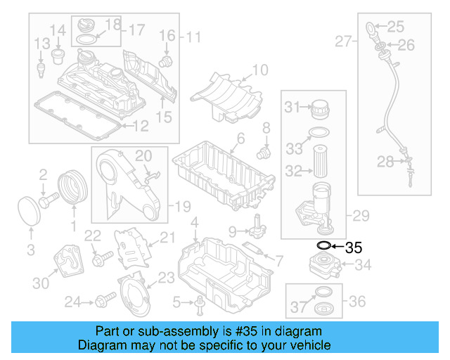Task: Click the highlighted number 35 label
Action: (x=354, y=247)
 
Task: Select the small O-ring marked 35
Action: (x=323, y=246)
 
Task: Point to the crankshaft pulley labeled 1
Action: (x=70, y=188)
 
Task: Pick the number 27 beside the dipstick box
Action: (x=342, y=42)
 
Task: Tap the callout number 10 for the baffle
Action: (x=259, y=70)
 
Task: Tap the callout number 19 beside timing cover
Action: (x=182, y=207)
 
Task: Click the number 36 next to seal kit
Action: (x=357, y=301)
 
